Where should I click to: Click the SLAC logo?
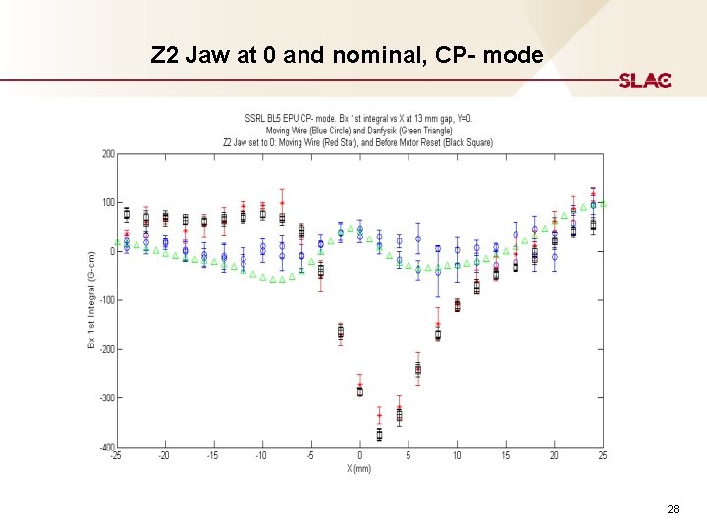point(644,80)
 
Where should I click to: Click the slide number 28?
point(673,509)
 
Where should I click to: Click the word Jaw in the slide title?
point(210,55)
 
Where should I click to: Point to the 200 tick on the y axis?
point(108,154)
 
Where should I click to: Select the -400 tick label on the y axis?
point(106,447)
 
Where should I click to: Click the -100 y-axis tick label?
point(106,300)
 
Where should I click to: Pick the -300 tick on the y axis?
point(106,397)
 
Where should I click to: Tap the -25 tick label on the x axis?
point(116,456)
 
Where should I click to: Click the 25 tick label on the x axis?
point(603,456)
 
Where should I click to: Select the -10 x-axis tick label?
point(261,456)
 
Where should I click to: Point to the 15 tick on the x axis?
point(506,456)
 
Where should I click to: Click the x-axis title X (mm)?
point(359,468)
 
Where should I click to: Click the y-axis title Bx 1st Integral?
point(91,299)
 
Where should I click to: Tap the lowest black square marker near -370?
point(379,433)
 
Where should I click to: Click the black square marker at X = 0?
point(360,391)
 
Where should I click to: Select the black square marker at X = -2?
point(341,333)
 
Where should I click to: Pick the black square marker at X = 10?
point(457,305)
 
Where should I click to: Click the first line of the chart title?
point(358,119)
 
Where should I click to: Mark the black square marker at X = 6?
point(418,369)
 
